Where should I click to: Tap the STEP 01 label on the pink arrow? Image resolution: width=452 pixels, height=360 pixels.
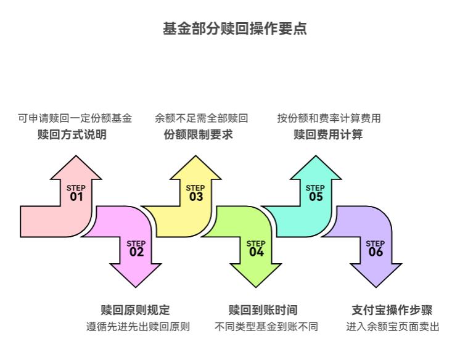(76, 194)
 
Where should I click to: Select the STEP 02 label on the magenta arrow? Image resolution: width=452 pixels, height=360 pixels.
(136, 248)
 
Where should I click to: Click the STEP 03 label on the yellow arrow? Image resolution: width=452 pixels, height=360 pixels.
(195, 194)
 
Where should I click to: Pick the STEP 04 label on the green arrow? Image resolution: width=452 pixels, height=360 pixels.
(256, 248)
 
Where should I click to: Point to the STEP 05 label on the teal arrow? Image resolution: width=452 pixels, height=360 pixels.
(315, 194)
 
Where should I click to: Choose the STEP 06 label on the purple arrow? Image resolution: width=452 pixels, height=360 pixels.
(376, 248)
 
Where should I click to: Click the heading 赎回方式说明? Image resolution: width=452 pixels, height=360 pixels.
(72, 134)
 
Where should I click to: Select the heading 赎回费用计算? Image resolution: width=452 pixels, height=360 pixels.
(328, 134)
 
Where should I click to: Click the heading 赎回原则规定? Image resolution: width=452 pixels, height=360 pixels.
(135, 310)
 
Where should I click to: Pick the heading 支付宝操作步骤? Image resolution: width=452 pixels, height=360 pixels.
(392, 310)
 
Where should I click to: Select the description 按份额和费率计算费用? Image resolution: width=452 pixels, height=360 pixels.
(329, 118)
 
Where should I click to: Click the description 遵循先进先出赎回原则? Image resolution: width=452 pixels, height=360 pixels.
(138, 327)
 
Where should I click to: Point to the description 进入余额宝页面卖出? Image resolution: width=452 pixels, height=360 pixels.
(393, 327)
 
